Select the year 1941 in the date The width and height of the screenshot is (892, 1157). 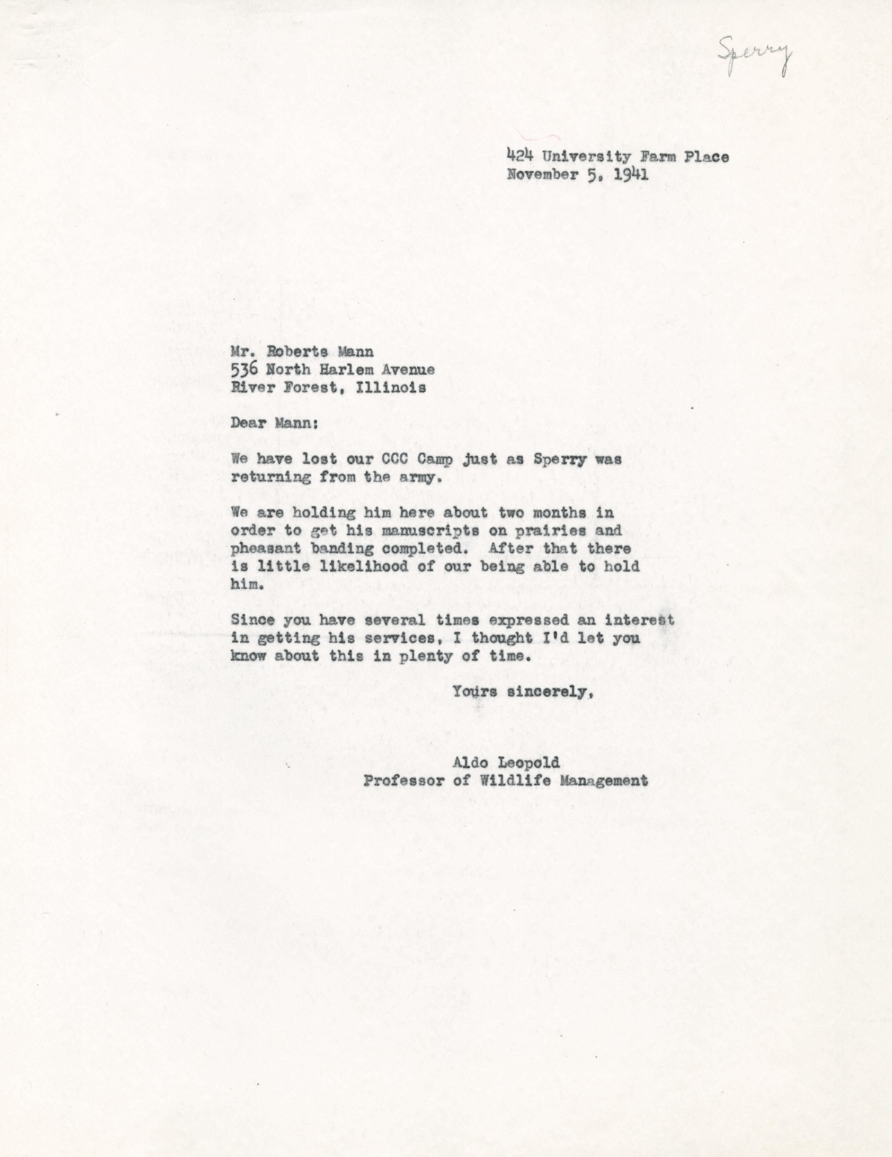coord(633,175)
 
